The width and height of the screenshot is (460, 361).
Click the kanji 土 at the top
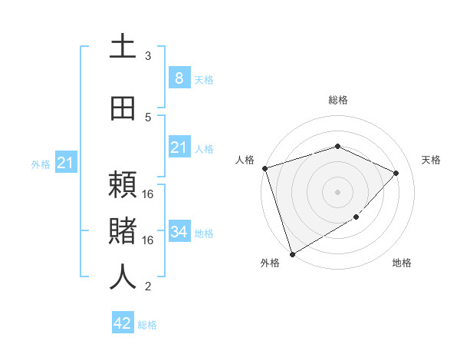coord(123,47)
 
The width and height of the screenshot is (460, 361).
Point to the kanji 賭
coord(123,230)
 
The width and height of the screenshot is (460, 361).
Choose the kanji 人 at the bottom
coord(123,277)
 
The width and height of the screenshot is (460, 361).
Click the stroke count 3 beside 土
coord(148,56)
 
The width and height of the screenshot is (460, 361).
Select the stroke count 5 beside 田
coord(148,117)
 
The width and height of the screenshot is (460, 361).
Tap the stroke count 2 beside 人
coord(148,286)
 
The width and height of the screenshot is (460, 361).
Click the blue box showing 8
coord(179,78)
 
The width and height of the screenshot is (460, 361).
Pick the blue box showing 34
coord(179,231)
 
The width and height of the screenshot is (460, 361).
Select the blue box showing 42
coord(123,323)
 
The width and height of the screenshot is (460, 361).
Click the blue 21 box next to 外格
coord(65,163)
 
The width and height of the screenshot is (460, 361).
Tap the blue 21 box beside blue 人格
coord(179,147)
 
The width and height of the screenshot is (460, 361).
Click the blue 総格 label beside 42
coord(147,325)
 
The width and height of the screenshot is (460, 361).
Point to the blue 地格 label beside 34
coord(204,233)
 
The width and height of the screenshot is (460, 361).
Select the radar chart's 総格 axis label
coord(337,100)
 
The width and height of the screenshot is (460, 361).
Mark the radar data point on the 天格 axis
coord(396,173)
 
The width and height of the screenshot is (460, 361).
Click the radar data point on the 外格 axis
coord(292,253)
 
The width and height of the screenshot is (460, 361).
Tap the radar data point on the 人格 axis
coord(264,168)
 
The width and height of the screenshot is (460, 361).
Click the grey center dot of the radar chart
coord(337,191)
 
